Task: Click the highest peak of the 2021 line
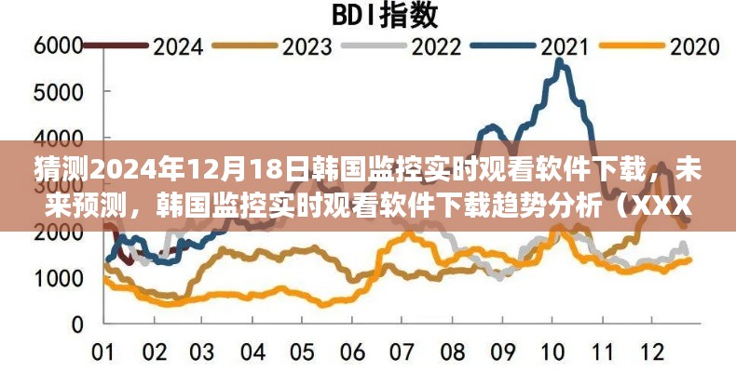[x=558, y=60]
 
